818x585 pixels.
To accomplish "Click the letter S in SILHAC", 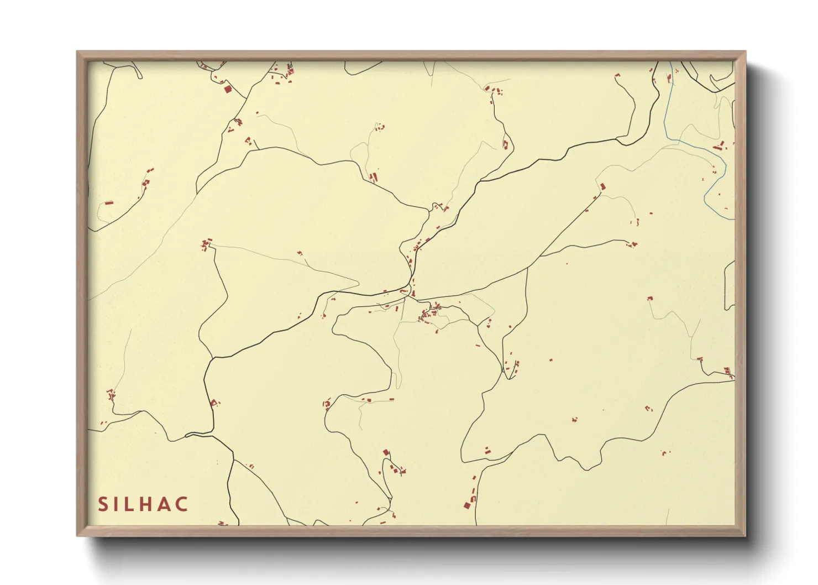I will pos(103,504).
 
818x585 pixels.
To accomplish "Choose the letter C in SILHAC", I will pos(182,504).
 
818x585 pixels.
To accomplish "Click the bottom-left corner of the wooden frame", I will pos(77,535).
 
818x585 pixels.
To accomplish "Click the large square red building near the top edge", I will pos(227,88).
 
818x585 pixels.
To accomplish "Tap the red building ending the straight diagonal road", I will pos(602,186).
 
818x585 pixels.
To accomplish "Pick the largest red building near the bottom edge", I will pos(467,505).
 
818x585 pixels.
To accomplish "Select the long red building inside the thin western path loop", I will pos(109,203).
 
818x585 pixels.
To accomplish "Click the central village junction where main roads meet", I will pos(412,295).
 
